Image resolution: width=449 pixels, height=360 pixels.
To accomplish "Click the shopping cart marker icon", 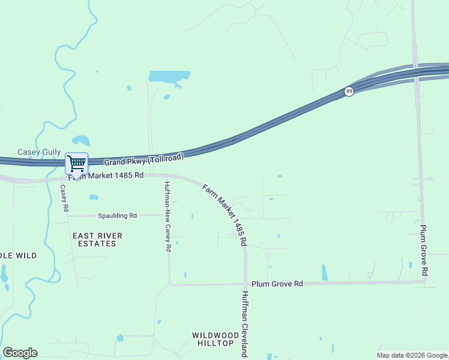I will pos(76,163).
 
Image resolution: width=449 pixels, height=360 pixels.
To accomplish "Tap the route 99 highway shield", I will pos(349,91).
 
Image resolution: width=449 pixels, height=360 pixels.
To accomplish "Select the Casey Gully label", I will pos(39,152).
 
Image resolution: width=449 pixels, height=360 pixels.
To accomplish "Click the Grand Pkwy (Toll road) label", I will pos(143,160).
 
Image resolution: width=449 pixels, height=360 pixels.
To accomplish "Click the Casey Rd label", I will pos(64,199).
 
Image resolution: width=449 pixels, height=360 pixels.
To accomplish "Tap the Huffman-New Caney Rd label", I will pos(168,217).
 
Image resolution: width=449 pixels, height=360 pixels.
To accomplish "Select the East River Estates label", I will pos(97,239).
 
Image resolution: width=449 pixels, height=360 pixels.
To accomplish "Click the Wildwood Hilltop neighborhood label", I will pos(212,338).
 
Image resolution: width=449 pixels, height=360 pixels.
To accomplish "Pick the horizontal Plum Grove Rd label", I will pos(277,283).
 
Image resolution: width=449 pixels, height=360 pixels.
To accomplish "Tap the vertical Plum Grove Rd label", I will pos(423,251).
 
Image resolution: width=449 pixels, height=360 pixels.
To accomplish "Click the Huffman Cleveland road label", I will pos(245,324).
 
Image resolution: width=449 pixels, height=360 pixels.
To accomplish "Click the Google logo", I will pos(20,353).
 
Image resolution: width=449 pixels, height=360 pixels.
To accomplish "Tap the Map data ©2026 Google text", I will pos(412,355).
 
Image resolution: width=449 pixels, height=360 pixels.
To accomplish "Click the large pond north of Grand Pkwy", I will pos(169,77).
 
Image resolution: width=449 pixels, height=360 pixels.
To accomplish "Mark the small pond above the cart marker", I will pos(81,141).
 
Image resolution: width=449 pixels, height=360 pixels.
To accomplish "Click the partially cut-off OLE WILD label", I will pos(18,256).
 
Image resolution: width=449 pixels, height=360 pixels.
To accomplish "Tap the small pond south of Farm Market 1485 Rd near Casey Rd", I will pos(94,197).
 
